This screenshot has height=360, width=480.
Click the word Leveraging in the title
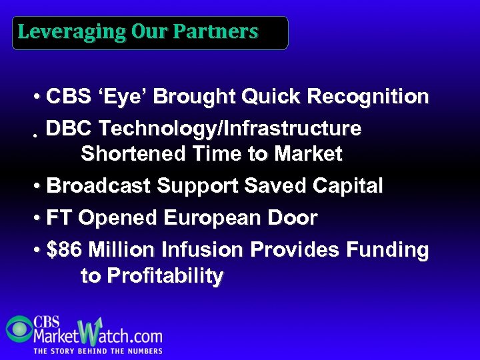[61, 32]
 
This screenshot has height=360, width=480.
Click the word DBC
[70, 128]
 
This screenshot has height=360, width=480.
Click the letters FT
[59, 218]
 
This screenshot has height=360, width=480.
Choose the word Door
[296, 218]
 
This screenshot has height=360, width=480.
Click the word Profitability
[152, 276]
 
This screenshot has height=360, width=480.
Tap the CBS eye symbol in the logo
[19, 328]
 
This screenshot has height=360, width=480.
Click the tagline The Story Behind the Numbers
[98, 351]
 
